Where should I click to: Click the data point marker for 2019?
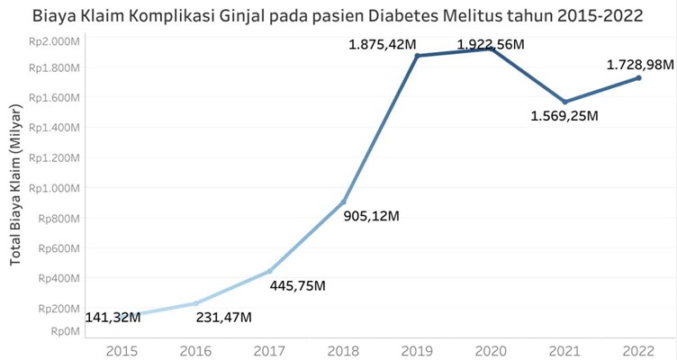click(418, 56)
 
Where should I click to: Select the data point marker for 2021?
click(565, 102)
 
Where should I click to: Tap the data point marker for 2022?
click(638, 78)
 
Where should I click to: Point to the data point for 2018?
click(344, 202)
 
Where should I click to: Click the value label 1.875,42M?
click(382, 43)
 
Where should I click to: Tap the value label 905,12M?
click(372, 216)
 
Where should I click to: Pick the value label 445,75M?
click(297, 285)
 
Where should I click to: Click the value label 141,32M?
click(113, 317)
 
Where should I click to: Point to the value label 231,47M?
click(223, 317)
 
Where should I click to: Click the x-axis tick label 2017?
click(269, 350)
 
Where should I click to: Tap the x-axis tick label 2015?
click(122, 350)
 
